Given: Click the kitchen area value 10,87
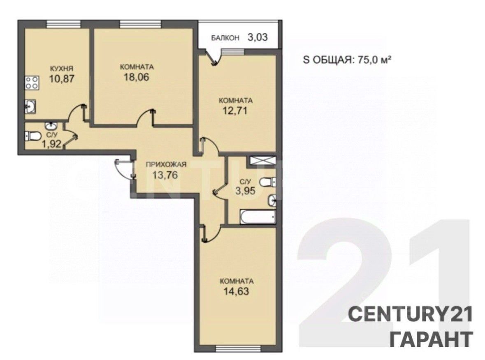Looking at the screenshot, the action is (62, 78).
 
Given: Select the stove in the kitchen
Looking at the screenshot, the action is (32, 83).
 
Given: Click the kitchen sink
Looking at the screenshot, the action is (30, 107).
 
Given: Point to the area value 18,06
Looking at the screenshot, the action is (137, 77).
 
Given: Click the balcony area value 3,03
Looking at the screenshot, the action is (258, 37).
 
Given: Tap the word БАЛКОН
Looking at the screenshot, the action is (225, 38).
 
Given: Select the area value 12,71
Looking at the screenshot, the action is (235, 110).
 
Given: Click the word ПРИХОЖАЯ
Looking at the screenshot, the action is (166, 164).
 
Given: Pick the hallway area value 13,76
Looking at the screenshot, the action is (165, 175).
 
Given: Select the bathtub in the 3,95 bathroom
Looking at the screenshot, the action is (258, 217).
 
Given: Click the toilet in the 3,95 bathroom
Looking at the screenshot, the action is (267, 182).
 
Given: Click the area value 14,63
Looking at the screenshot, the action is (236, 291).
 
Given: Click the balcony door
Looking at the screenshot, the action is (214, 57).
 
